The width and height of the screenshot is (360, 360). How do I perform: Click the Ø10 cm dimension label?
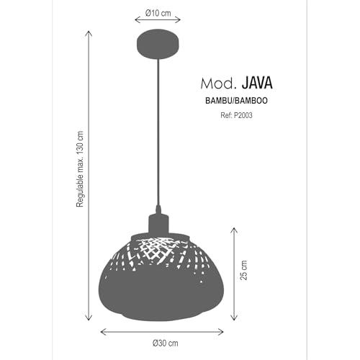coord(158,13)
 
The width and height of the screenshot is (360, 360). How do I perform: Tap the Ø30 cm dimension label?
coord(166,343)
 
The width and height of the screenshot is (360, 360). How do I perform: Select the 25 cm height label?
coord(243,270)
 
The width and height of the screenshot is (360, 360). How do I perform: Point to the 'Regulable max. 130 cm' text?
coord(80,169)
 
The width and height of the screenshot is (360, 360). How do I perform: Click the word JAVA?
coord(257,83)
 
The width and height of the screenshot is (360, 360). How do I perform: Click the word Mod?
coord(217,84)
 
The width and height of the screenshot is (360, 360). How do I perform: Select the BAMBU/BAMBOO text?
coord(236,101)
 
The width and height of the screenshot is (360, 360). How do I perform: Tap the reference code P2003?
coord(243,115)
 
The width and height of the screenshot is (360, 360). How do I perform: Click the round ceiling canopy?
coord(158,44)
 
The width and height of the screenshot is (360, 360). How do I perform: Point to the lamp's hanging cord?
coord(158,132)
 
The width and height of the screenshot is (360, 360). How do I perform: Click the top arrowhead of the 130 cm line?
coord(89,33)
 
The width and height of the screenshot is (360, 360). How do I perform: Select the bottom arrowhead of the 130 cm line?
coord(89,318)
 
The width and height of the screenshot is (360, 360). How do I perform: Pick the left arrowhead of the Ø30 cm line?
coord(103,332)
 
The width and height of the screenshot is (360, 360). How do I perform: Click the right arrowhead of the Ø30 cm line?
coord(221,332)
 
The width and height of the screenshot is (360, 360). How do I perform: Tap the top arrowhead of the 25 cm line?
coord(234,230)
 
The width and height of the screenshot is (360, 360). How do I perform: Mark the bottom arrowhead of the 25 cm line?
coord(234,318)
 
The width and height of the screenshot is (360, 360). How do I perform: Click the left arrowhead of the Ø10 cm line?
coord(137,19)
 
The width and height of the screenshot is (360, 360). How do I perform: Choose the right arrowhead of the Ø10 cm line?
coord(178,19)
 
